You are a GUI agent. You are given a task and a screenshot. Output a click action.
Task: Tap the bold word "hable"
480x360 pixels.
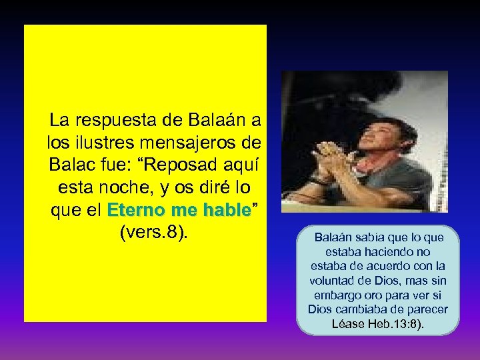pyautogui.click(x=224, y=210)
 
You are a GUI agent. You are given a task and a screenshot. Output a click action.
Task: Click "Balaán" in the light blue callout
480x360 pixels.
pyautogui.click(x=331, y=237)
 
